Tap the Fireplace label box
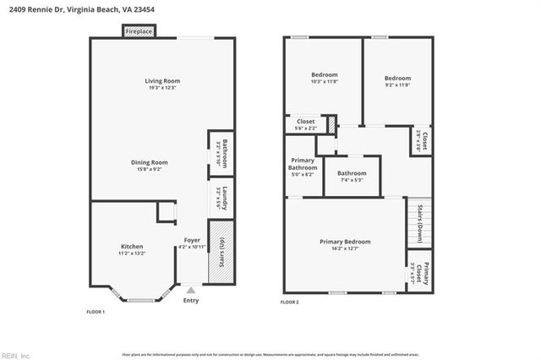[x=138, y=31]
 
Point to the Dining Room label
[x=149, y=166]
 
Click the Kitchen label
[x=132, y=249]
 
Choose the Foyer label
[x=192, y=243]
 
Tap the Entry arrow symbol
[x=190, y=290]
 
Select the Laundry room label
[x=221, y=198]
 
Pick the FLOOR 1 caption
[x=96, y=312]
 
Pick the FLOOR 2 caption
[x=290, y=302]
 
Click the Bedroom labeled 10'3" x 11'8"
[x=324, y=78]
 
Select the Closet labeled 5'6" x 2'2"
[x=305, y=124]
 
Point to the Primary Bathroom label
[x=303, y=167]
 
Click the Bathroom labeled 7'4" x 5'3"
[x=352, y=176]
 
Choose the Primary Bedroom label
[x=345, y=245]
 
